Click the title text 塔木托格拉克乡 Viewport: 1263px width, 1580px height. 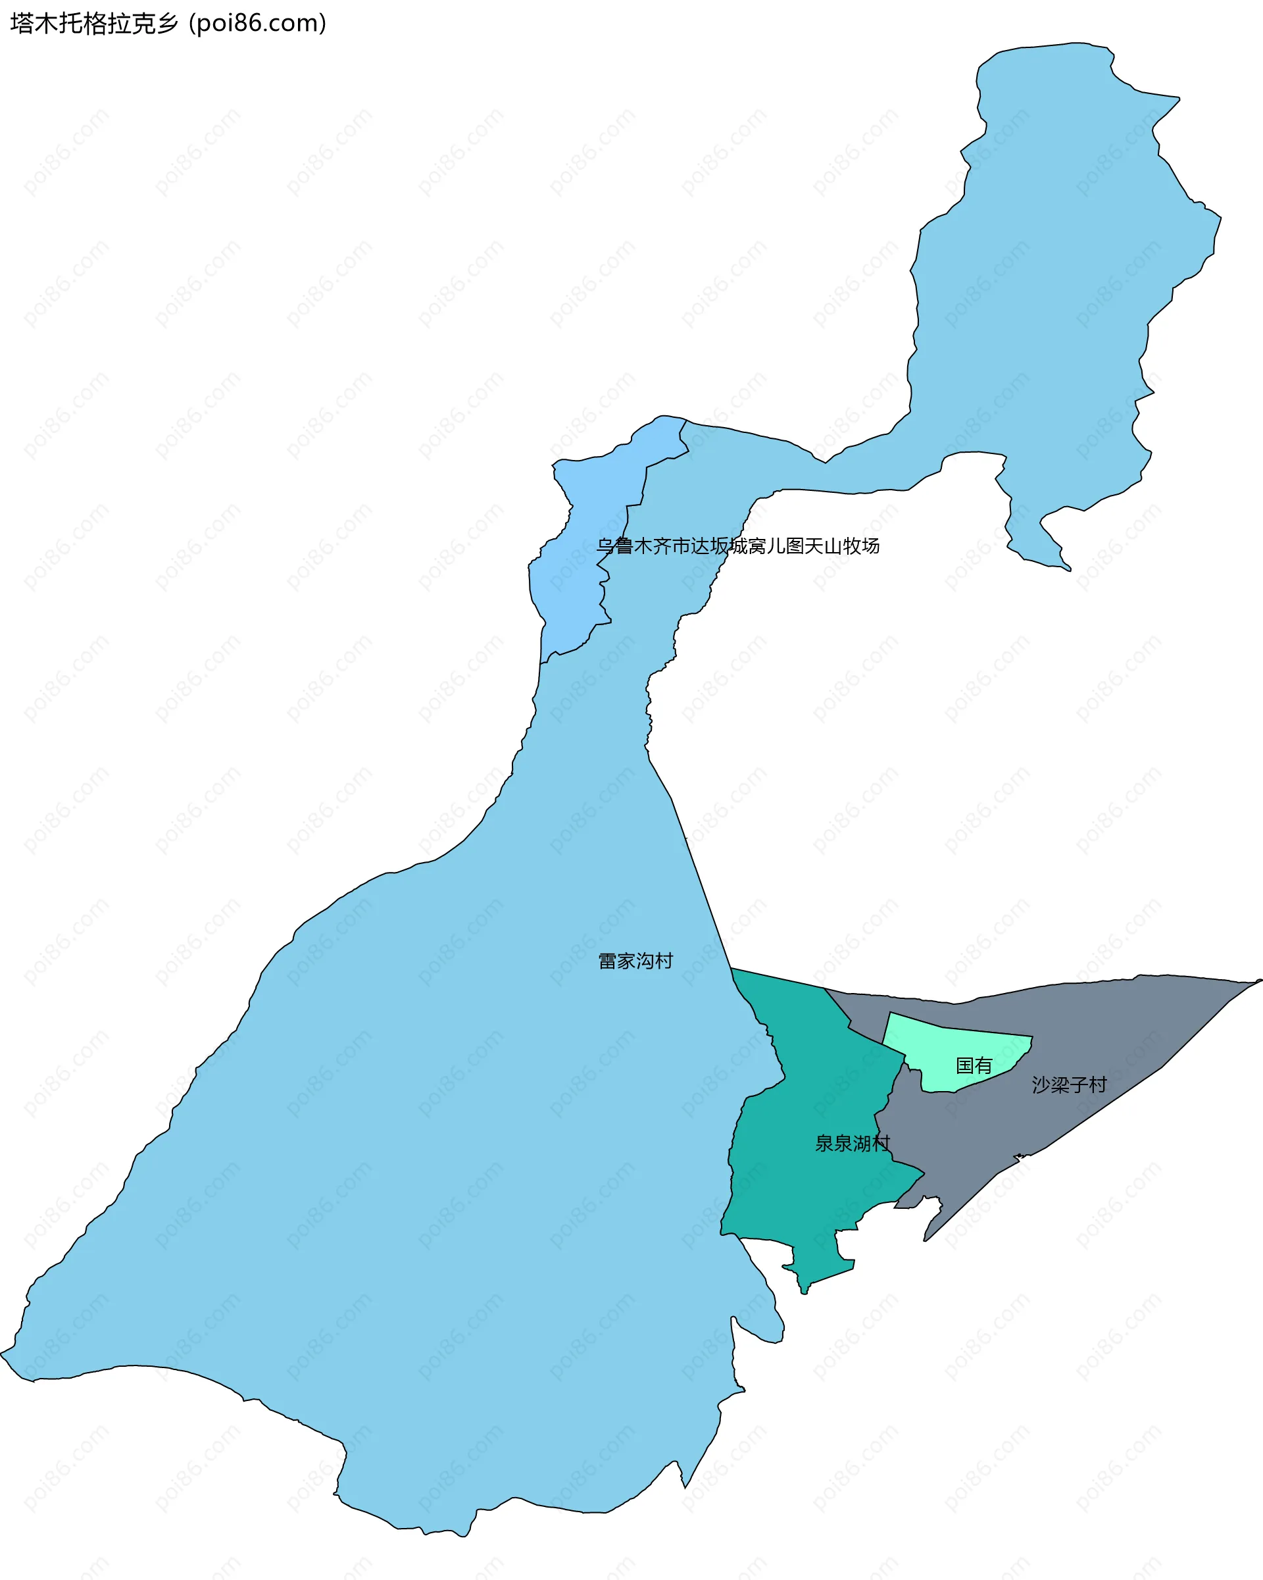tap(94, 24)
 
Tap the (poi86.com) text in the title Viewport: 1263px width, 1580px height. tap(257, 24)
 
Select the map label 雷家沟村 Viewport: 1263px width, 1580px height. tap(635, 961)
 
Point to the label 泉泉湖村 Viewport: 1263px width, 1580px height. tap(852, 1143)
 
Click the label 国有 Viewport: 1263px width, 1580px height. tap(974, 1065)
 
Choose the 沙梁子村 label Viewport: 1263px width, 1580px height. tap(1069, 1084)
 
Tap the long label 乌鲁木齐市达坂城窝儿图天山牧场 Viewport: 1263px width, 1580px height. tap(737, 546)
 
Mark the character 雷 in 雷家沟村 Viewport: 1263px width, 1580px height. tap(607, 961)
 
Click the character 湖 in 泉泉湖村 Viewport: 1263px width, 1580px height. tap(862, 1143)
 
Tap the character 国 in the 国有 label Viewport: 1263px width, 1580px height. tap(965, 1065)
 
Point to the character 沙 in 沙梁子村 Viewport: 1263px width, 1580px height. tap(1041, 1084)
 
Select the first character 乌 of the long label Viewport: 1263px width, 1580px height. tap(605, 546)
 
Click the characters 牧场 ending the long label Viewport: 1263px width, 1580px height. tap(861, 546)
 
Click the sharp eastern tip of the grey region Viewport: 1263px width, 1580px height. tap(1258, 981)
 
